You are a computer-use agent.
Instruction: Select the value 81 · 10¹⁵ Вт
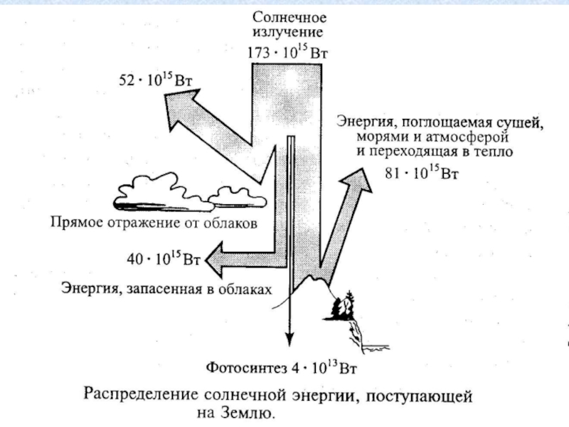click(x=422, y=173)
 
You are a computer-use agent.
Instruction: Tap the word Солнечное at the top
click(x=288, y=16)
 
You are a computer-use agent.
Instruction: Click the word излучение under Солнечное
click(x=288, y=33)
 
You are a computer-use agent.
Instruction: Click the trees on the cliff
click(x=344, y=305)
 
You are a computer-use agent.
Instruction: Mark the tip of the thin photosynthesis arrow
click(x=289, y=342)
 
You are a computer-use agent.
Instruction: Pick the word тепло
click(x=486, y=152)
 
